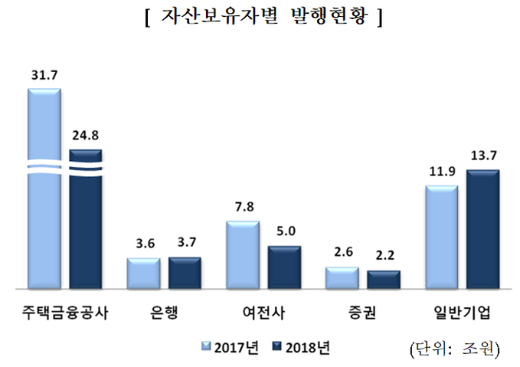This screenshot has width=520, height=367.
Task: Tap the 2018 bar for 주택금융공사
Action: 85,222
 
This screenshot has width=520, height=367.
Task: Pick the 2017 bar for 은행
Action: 143,274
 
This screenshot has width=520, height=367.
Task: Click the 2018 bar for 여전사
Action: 284,267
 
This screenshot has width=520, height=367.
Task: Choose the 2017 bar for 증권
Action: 342,278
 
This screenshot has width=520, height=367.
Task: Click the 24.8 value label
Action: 86,136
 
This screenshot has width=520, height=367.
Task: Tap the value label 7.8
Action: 243,208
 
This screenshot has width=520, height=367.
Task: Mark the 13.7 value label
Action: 483,156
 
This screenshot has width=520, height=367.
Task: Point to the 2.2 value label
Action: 384,257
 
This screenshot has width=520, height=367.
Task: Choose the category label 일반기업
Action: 462,313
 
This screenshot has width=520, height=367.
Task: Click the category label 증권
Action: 362,313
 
